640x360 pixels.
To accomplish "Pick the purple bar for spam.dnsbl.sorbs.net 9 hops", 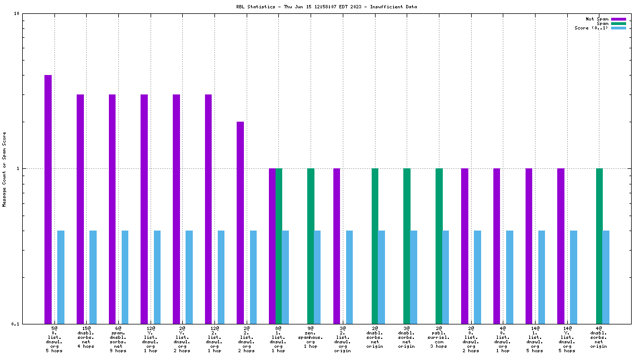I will [x=112, y=209].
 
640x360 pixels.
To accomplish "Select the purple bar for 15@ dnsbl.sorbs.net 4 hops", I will [x=80, y=209].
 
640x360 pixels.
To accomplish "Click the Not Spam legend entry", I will [x=597, y=19].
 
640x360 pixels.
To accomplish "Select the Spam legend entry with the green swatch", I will [x=603, y=23].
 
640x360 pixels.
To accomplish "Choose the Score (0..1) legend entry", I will [x=591, y=28].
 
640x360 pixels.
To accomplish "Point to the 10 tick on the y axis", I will [x=17, y=14].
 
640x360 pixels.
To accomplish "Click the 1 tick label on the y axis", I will [x=18, y=168].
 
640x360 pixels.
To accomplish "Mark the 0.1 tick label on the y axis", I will [x=15, y=324].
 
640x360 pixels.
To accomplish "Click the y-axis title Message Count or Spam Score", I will [x=4, y=169].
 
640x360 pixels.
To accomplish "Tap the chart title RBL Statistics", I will [x=326, y=7].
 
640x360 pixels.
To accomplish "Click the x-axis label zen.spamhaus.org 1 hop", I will [x=311, y=339].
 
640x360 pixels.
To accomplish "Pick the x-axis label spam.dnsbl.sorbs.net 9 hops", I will [x=118, y=339].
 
